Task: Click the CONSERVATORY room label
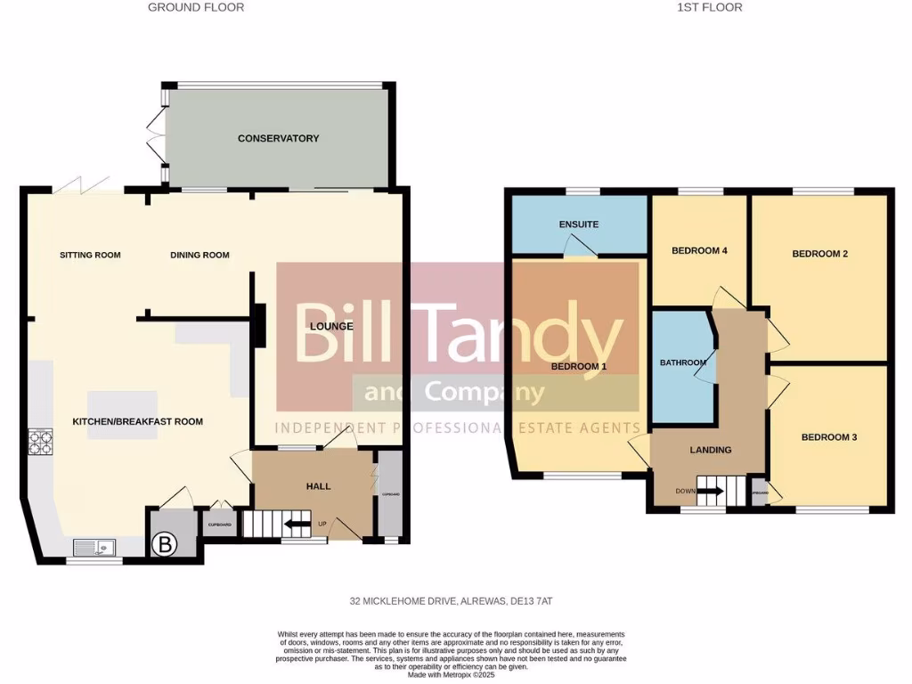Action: [278, 138]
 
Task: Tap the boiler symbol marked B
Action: [165, 542]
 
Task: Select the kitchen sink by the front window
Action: [94, 546]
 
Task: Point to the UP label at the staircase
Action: [322, 524]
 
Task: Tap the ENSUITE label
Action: [578, 224]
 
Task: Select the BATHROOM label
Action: [682, 362]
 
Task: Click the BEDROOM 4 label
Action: [699, 250]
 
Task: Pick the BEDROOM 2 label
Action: [819, 254]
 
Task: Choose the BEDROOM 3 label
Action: [828, 437]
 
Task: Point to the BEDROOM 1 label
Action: [578, 366]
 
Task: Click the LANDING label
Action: [710, 450]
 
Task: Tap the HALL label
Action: [318, 486]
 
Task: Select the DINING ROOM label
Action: [199, 255]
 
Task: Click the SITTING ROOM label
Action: [90, 255]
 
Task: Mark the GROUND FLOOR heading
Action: [196, 7]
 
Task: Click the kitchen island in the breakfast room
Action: [122, 406]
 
